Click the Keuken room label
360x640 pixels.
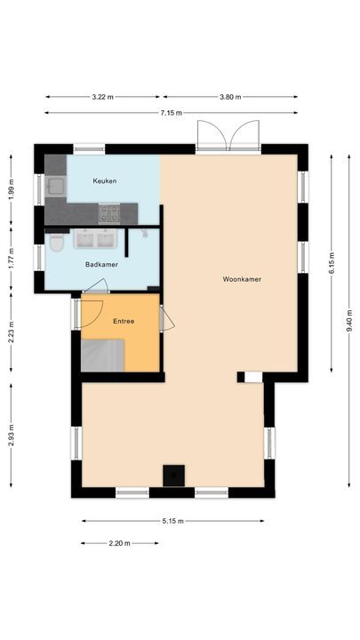105,181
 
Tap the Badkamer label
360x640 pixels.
102,264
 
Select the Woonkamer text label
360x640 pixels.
242,279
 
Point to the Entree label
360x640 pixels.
123,322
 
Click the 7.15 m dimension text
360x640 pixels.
171,113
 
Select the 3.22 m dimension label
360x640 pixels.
103,97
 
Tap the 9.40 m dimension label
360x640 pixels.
348,321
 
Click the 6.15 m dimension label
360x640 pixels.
330,260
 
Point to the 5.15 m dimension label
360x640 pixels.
172,522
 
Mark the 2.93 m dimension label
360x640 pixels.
12,438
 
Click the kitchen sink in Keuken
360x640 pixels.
55,186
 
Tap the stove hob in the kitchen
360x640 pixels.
109,213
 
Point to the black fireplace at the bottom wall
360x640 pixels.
173,476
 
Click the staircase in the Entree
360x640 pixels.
102,356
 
